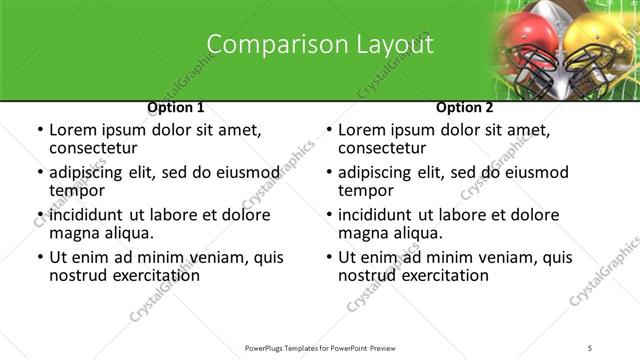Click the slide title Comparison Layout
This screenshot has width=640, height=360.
click(x=320, y=45)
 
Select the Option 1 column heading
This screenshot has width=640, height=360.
click(x=176, y=107)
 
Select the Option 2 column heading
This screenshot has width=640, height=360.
click(x=465, y=107)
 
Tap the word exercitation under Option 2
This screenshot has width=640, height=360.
click(x=442, y=275)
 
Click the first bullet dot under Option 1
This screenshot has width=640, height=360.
click(x=39, y=130)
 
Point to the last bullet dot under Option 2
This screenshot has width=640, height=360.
click(x=328, y=258)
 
